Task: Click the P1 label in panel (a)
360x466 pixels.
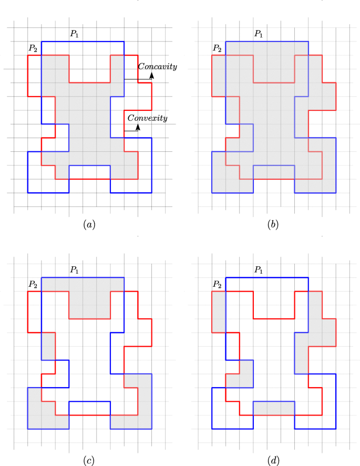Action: (x=74, y=33)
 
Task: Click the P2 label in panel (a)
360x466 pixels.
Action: (x=33, y=48)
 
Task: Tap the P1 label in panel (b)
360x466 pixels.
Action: (x=258, y=33)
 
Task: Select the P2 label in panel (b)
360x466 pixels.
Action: (x=217, y=48)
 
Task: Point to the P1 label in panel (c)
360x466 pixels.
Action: (x=74, y=270)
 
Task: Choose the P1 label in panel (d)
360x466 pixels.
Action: (x=258, y=270)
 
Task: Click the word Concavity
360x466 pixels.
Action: (x=157, y=67)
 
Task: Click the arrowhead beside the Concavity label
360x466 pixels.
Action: (x=152, y=76)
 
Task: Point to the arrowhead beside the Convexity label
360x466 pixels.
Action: (x=138, y=127)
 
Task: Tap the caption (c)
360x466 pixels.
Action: (x=89, y=461)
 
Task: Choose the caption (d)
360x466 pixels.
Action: (x=273, y=461)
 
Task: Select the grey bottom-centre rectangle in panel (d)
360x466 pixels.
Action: (x=273, y=408)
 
